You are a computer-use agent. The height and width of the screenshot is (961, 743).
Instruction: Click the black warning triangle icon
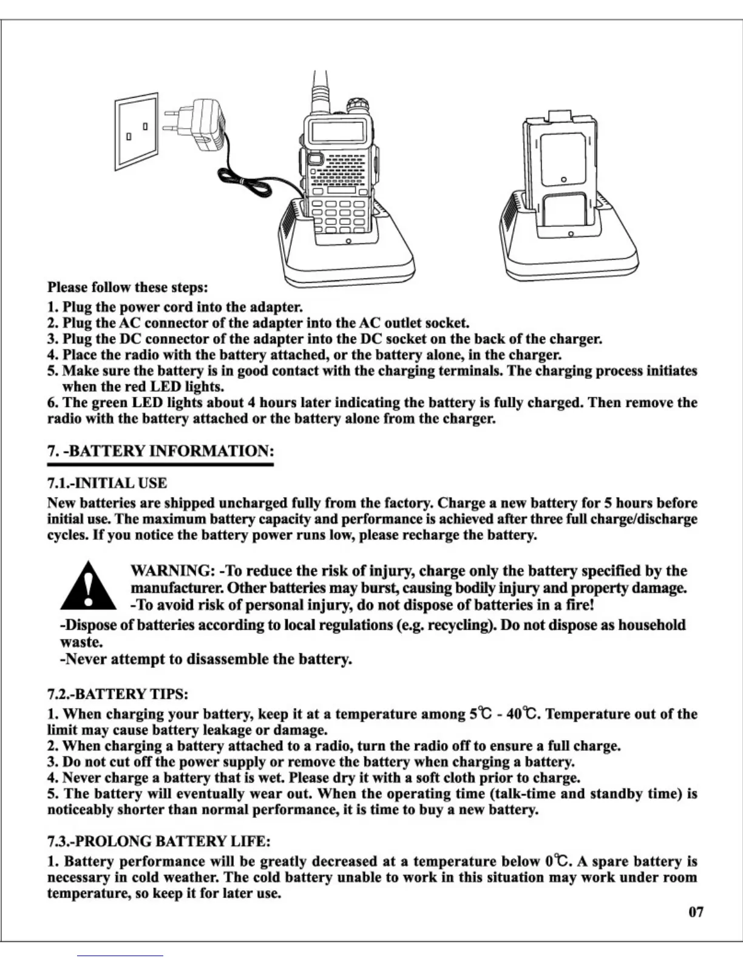click(x=89, y=585)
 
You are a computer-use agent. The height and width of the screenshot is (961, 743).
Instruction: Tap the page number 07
click(x=696, y=912)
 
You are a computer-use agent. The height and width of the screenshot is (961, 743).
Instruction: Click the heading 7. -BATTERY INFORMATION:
click(x=161, y=451)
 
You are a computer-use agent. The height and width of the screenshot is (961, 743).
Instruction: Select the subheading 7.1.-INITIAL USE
click(x=107, y=483)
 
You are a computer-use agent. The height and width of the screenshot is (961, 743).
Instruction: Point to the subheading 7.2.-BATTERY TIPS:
click(x=118, y=693)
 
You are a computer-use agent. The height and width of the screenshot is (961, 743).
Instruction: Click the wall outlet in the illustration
click(x=137, y=131)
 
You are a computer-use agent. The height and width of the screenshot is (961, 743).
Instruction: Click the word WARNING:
click(x=172, y=571)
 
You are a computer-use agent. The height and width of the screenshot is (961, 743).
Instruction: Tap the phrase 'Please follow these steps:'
click(x=128, y=286)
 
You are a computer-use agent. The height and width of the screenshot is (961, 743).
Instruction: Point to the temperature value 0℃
click(x=558, y=862)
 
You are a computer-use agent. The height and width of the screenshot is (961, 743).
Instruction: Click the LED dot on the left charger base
click(x=348, y=242)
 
